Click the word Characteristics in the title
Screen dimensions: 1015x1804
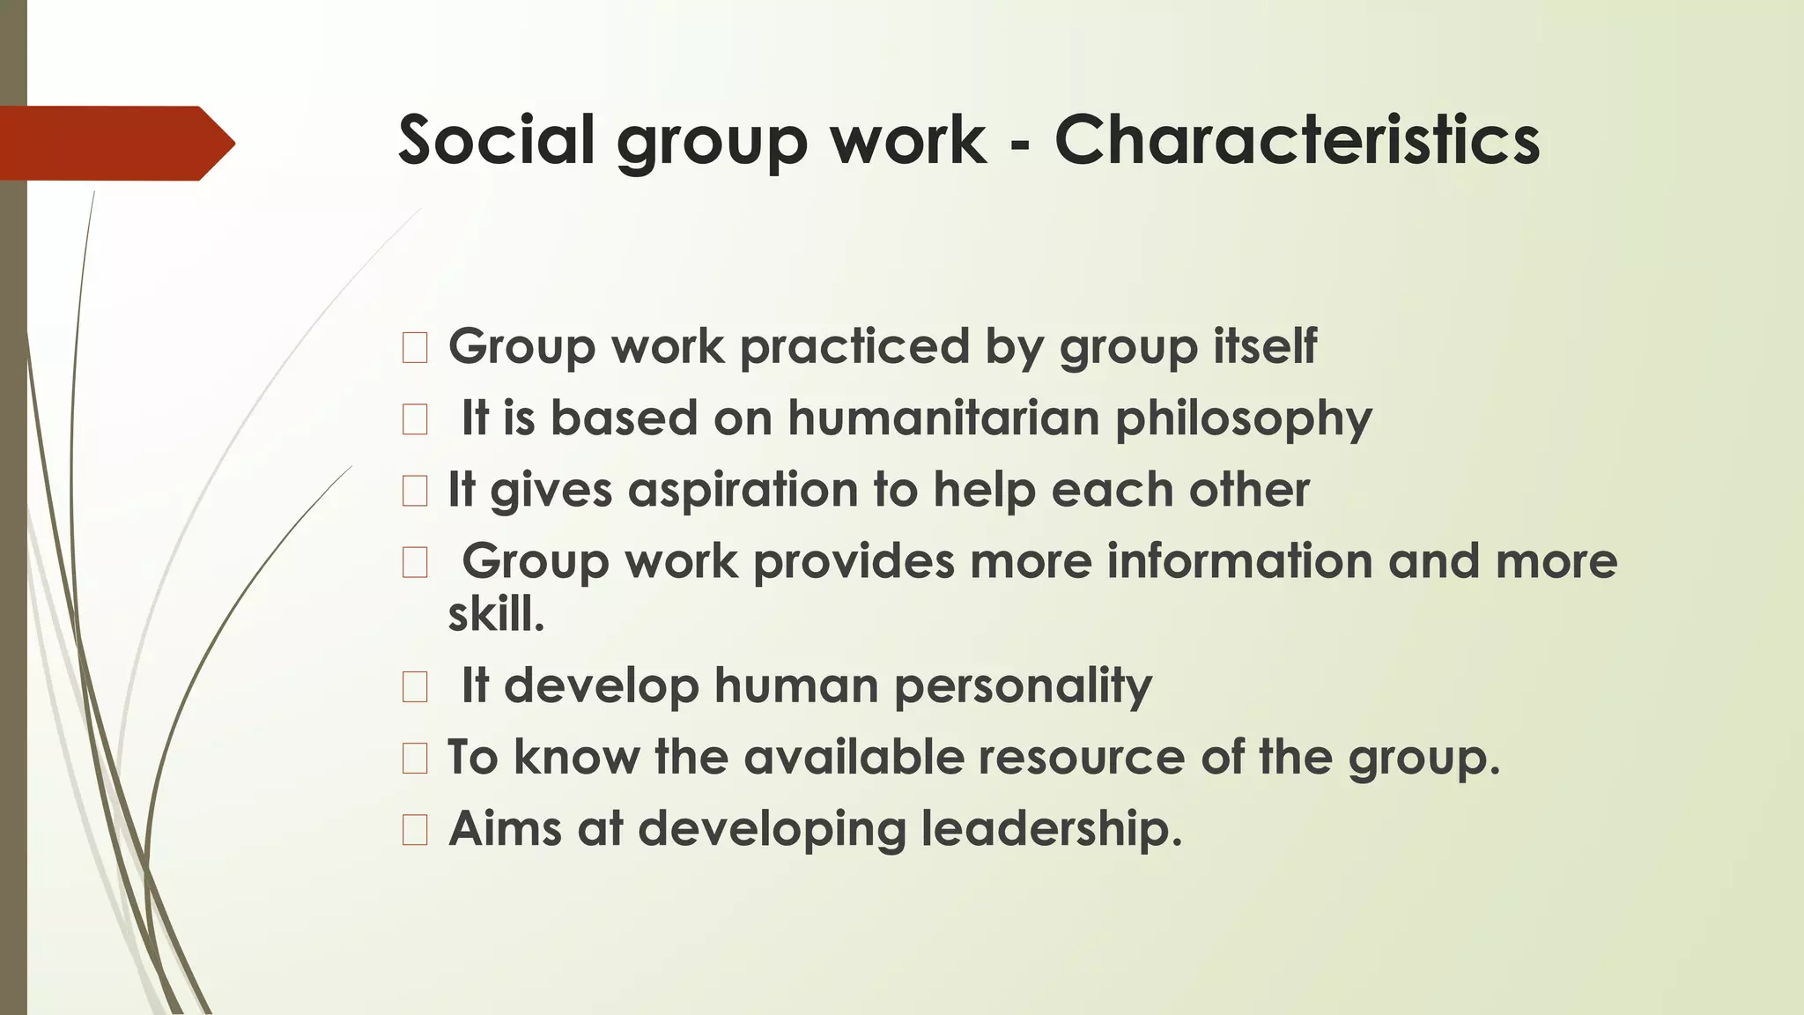(x=1297, y=140)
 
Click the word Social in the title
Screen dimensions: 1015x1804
(x=496, y=140)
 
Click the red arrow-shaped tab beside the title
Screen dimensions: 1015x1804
(x=115, y=143)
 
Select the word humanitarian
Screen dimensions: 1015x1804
(x=943, y=418)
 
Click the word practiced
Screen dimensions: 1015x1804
(x=854, y=346)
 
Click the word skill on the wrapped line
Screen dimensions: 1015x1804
(x=495, y=614)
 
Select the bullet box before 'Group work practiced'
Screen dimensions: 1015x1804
(x=415, y=348)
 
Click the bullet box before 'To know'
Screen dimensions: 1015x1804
(x=415, y=759)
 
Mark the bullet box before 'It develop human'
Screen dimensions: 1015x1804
(x=415, y=686)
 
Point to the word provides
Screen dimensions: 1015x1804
(x=854, y=562)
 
